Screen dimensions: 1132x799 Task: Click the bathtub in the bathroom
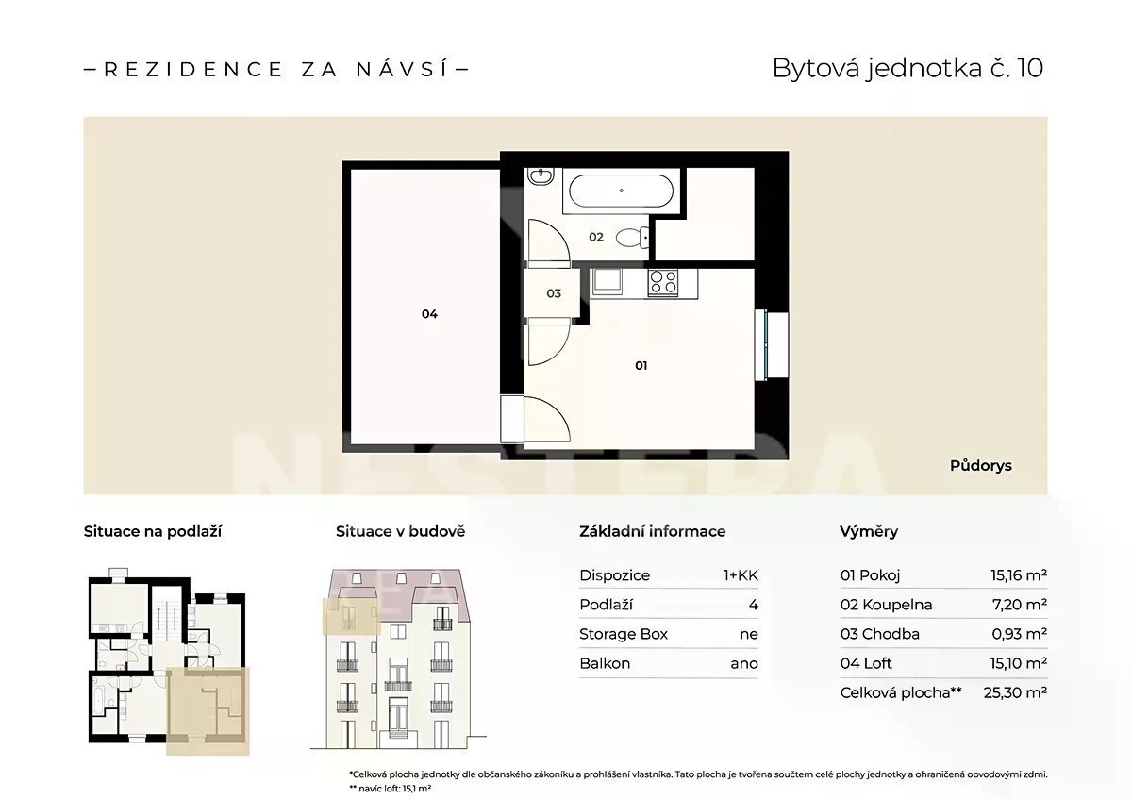pyautogui.click(x=621, y=191)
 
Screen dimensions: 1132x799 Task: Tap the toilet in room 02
pyautogui.click(x=633, y=238)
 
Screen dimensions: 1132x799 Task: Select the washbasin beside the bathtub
pyautogui.click(x=541, y=177)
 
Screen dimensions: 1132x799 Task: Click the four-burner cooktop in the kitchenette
pyautogui.click(x=663, y=282)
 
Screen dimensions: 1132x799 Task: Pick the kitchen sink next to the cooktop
pyautogui.click(x=607, y=281)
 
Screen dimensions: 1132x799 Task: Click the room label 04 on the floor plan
pyautogui.click(x=429, y=314)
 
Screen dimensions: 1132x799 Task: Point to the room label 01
pyautogui.click(x=641, y=365)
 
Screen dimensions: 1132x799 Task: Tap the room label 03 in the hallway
pyautogui.click(x=554, y=293)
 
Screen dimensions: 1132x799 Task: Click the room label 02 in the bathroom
pyautogui.click(x=596, y=237)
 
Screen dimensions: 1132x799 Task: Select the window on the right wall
pyautogui.click(x=772, y=345)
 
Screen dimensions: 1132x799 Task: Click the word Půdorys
pyautogui.click(x=980, y=465)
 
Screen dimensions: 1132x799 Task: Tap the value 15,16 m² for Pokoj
pyautogui.click(x=1018, y=575)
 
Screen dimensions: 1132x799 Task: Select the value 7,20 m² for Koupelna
pyautogui.click(x=1020, y=605)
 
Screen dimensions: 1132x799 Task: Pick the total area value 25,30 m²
pyautogui.click(x=1015, y=692)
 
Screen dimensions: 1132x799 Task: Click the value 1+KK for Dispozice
pyautogui.click(x=741, y=575)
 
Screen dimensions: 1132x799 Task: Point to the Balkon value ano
pyautogui.click(x=744, y=663)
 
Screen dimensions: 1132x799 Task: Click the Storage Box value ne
pyautogui.click(x=749, y=634)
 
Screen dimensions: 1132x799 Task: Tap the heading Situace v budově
pyautogui.click(x=400, y=531)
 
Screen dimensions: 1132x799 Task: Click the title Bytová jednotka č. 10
pyautogui.click(x=907, y=69)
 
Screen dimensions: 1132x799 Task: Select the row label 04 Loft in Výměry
pyautogui.click(x=866, y=663)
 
